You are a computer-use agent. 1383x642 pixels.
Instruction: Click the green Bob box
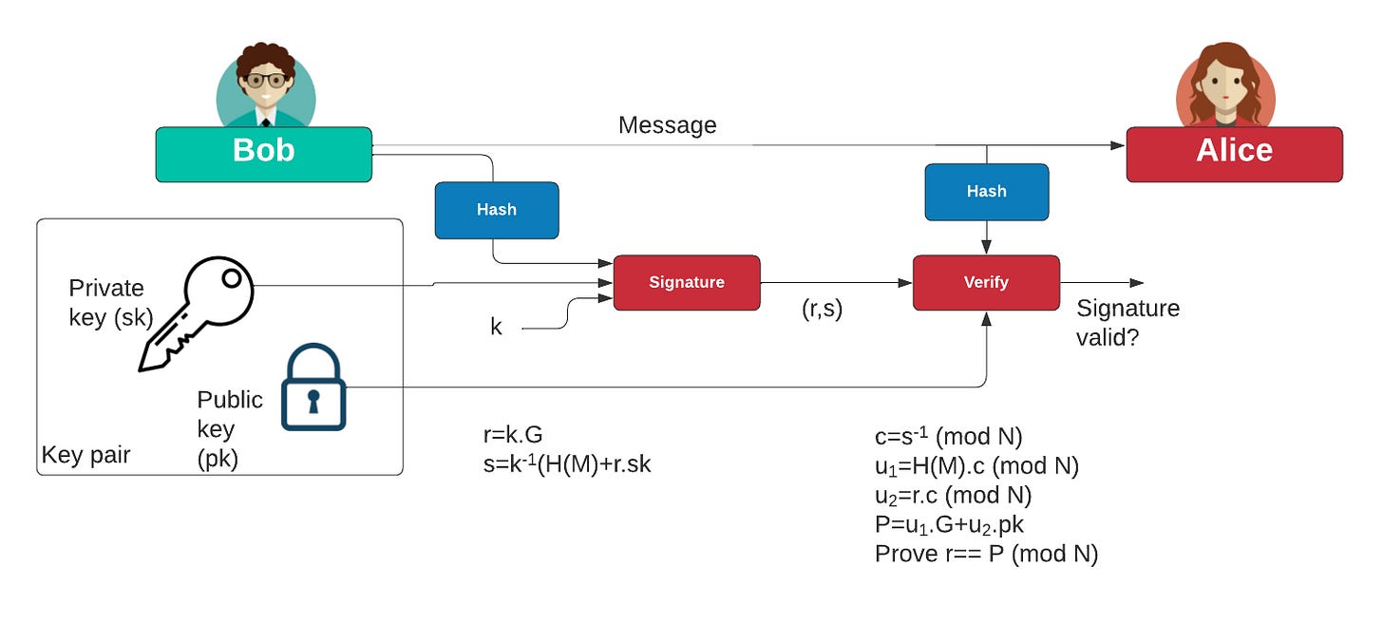[x=263, y=154]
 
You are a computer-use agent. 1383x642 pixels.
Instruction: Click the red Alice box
[x=1234, y=154]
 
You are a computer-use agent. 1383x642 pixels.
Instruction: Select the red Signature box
[x=686, y=282]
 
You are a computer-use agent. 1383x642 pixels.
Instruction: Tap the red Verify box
[x=985, y=282]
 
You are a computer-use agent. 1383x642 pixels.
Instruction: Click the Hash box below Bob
[x=496, y=210]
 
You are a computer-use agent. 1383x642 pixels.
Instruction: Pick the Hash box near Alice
[x=986, y=192]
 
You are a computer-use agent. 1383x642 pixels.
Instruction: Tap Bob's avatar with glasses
[x=265, y=85]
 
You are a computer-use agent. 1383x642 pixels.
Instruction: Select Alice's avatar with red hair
[x=1225, y=85]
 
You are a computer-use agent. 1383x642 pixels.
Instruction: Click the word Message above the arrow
[x=667, y=125]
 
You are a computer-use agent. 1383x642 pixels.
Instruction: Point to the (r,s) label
[x=822, y=310]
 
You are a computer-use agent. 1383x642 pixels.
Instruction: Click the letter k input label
[x=496, y=328]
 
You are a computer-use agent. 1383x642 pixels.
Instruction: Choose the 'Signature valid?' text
[x=1127, y=322]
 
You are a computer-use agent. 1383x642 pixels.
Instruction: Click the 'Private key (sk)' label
[x=109, y=302]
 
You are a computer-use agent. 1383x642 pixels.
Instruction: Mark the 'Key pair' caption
[x=85, y=455]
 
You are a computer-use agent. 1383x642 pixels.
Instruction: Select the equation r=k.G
[x=513, y=435]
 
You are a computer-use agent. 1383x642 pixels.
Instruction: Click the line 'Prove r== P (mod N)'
[x=986, y=554]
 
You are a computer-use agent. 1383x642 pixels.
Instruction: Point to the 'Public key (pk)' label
[x=229, y=428]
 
